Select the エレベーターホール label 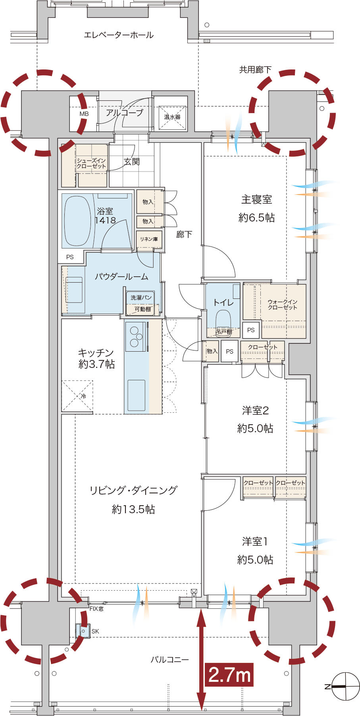[x=119, y=35]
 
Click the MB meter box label [x=84, y=114]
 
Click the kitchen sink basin [x=136, y=395]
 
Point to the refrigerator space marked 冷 [x=77, y=396]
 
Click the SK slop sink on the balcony [x=83, y=631]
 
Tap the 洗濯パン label [x=141, y=298]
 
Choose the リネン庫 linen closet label [x=149, y=239]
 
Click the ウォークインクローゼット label [x=282, y=305]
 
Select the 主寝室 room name [x=257, y=200]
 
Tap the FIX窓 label [x=96, y=609]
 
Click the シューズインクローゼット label [x=91, y=164]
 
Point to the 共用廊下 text [x=255, y=70]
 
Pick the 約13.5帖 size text [x=133, y=509]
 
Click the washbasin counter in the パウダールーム [x=73, y=289]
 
